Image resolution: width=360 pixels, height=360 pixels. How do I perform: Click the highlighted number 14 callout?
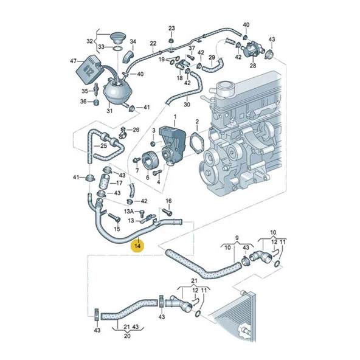point(138,246)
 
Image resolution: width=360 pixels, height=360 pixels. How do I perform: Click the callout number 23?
point(171,29)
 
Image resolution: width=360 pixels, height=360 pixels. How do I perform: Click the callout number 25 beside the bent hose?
point(104,145)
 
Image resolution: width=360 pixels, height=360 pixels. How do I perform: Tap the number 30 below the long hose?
point(187,105)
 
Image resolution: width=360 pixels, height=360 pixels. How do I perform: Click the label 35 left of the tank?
point(85,91)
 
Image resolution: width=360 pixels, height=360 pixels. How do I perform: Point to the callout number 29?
point(213,58)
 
